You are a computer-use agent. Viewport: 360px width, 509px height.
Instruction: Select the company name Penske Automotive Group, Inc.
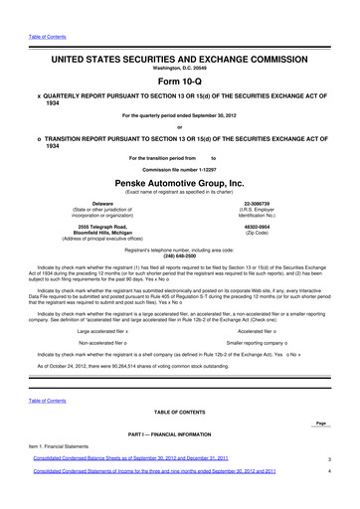(179, 184)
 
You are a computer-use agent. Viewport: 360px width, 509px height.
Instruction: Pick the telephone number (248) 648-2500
(179, 254)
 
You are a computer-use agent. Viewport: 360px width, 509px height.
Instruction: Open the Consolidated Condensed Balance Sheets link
(130, 487)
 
